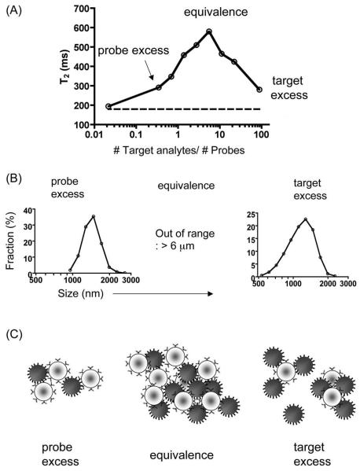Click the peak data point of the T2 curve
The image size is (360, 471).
pos(209,31)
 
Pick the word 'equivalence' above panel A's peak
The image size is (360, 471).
pos(211,13)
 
